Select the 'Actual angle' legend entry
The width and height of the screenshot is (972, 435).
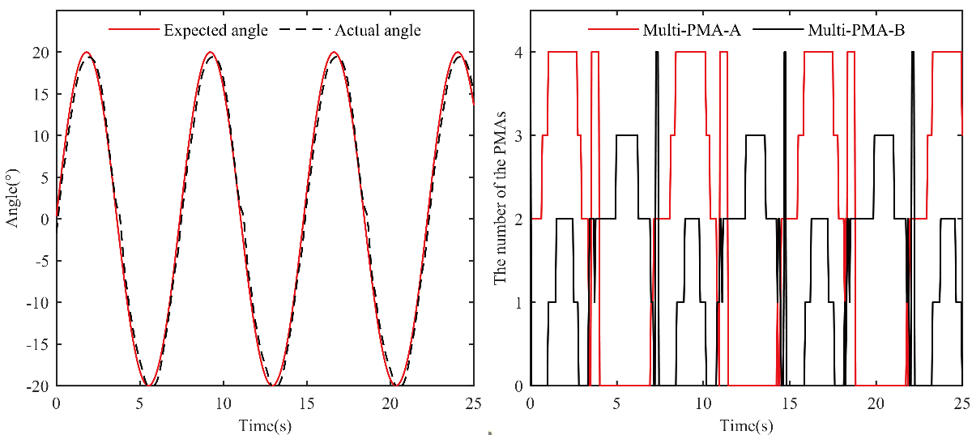373,31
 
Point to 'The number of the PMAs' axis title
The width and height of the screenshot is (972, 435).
500,198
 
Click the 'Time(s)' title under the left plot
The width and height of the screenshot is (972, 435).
264,424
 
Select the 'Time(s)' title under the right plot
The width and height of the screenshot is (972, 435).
746,424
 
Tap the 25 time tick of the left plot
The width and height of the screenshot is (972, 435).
473,401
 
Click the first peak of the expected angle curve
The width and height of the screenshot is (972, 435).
87,52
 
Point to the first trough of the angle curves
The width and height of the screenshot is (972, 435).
148,385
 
